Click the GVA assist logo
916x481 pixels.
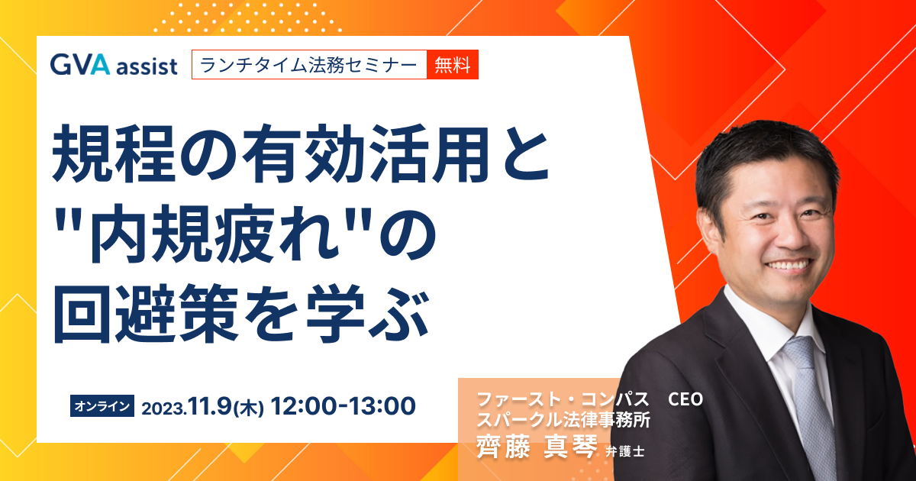(x=114, y=65)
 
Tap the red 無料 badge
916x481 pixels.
(x=452, y=65)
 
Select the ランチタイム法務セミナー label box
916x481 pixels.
(x=309, y=65)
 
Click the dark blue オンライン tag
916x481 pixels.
(x=102, y=405)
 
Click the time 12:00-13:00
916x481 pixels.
(x=343, y=405)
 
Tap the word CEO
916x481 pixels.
(x=685, y=399)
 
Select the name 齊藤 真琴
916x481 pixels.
(x=537, y=446)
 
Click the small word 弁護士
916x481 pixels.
(x=625, y=451)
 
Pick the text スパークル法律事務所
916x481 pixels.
(x=563, y=419)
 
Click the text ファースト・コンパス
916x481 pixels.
(x=563, y=399)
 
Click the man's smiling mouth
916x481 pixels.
(x=789, y=266)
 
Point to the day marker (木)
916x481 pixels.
(x=249, y=408)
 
